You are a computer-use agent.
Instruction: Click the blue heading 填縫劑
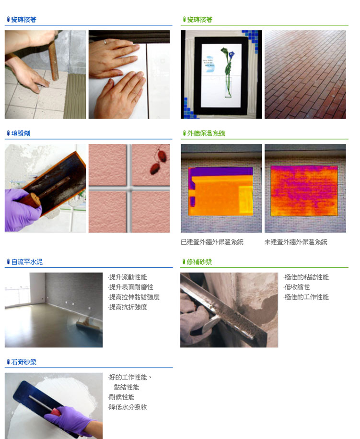click(21, 133)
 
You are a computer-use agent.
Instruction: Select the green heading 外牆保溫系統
click(206, 133)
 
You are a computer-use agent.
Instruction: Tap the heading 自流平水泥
click(27, 262)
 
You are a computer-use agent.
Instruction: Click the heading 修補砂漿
click(199, 262)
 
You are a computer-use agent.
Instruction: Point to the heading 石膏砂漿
click(24, 362)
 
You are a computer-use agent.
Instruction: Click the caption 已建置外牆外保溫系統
click(212, 242)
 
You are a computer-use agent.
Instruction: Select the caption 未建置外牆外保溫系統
click(296, 242)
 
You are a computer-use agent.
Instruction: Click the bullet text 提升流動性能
click(128, 277)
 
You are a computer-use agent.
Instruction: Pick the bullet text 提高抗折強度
click(128, 307)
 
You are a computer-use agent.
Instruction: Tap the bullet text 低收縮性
click(297, 287)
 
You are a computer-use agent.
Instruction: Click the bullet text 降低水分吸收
click(128, 407)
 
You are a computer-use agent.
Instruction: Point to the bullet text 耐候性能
click(121, 397)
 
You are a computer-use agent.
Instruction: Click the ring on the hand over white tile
click(105, 42)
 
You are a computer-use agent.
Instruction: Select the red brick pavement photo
click(305, 74)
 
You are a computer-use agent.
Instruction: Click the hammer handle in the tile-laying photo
click(53, 59)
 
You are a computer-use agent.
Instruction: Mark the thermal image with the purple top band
click(221, 191)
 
